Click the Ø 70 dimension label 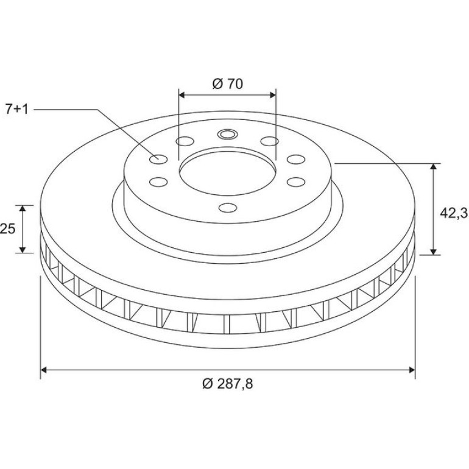coord(228,84)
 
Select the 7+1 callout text coord(17,110)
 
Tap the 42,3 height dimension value coord(453,213)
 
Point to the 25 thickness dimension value coord(7,229)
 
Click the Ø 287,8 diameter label coord(228,384)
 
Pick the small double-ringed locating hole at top coord(227,134)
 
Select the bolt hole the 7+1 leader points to coord(158,160)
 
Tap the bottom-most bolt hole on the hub coord(228,208)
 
